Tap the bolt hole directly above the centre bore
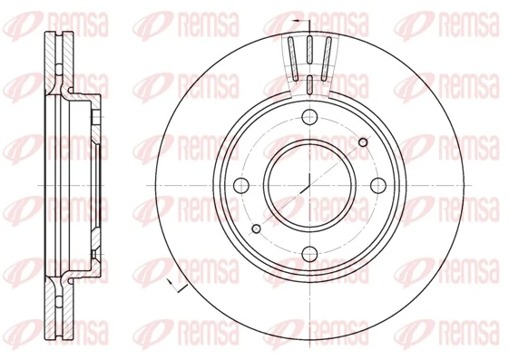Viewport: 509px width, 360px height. [x=309, y=117]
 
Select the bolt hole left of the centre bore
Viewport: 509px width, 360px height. [x=241, y=185]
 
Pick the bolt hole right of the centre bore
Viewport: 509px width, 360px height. [x=377, y=185]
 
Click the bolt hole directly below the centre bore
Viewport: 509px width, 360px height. [x=309, y=253]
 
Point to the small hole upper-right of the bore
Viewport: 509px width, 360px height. [x=363, y=142]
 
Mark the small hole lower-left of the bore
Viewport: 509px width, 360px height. [x=257, y=228]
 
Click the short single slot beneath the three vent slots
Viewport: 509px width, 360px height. [x=309, y=87]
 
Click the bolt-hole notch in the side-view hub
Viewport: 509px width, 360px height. [x=93, y=117]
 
